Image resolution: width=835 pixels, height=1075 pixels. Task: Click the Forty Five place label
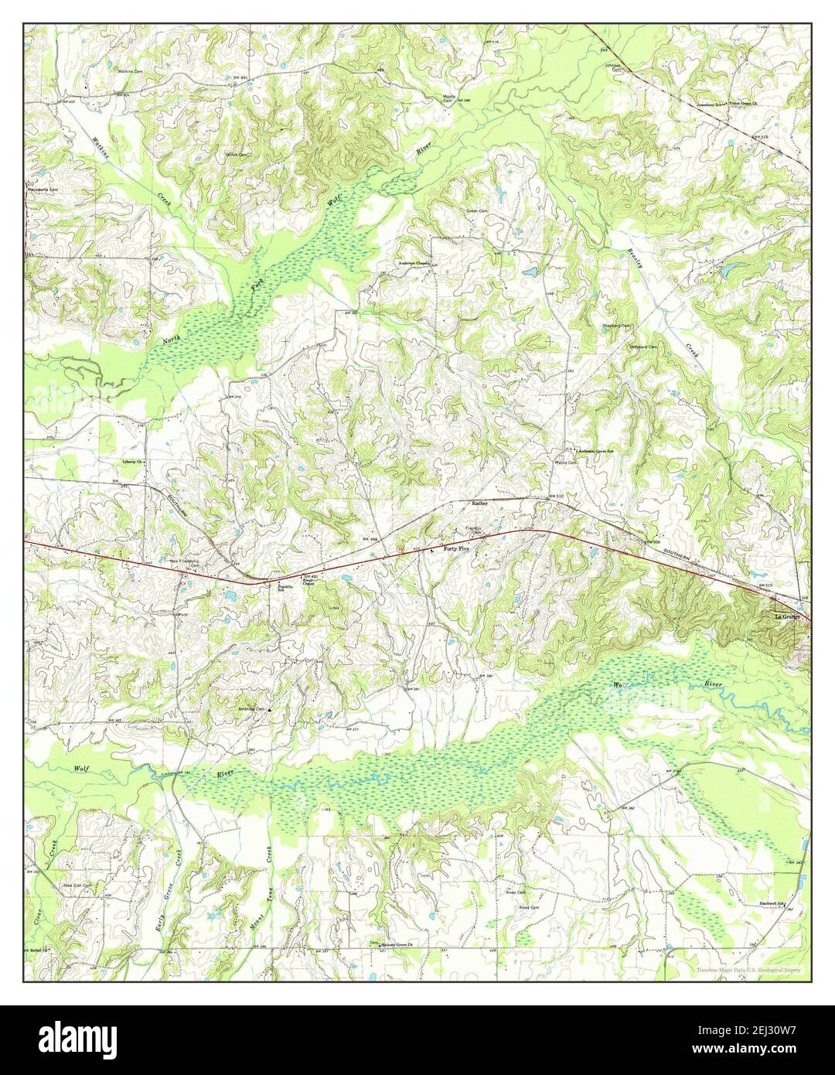[456, 548]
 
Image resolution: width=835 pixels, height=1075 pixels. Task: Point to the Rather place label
[480, 503]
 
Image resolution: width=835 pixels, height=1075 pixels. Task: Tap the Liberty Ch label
[135, 462]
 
